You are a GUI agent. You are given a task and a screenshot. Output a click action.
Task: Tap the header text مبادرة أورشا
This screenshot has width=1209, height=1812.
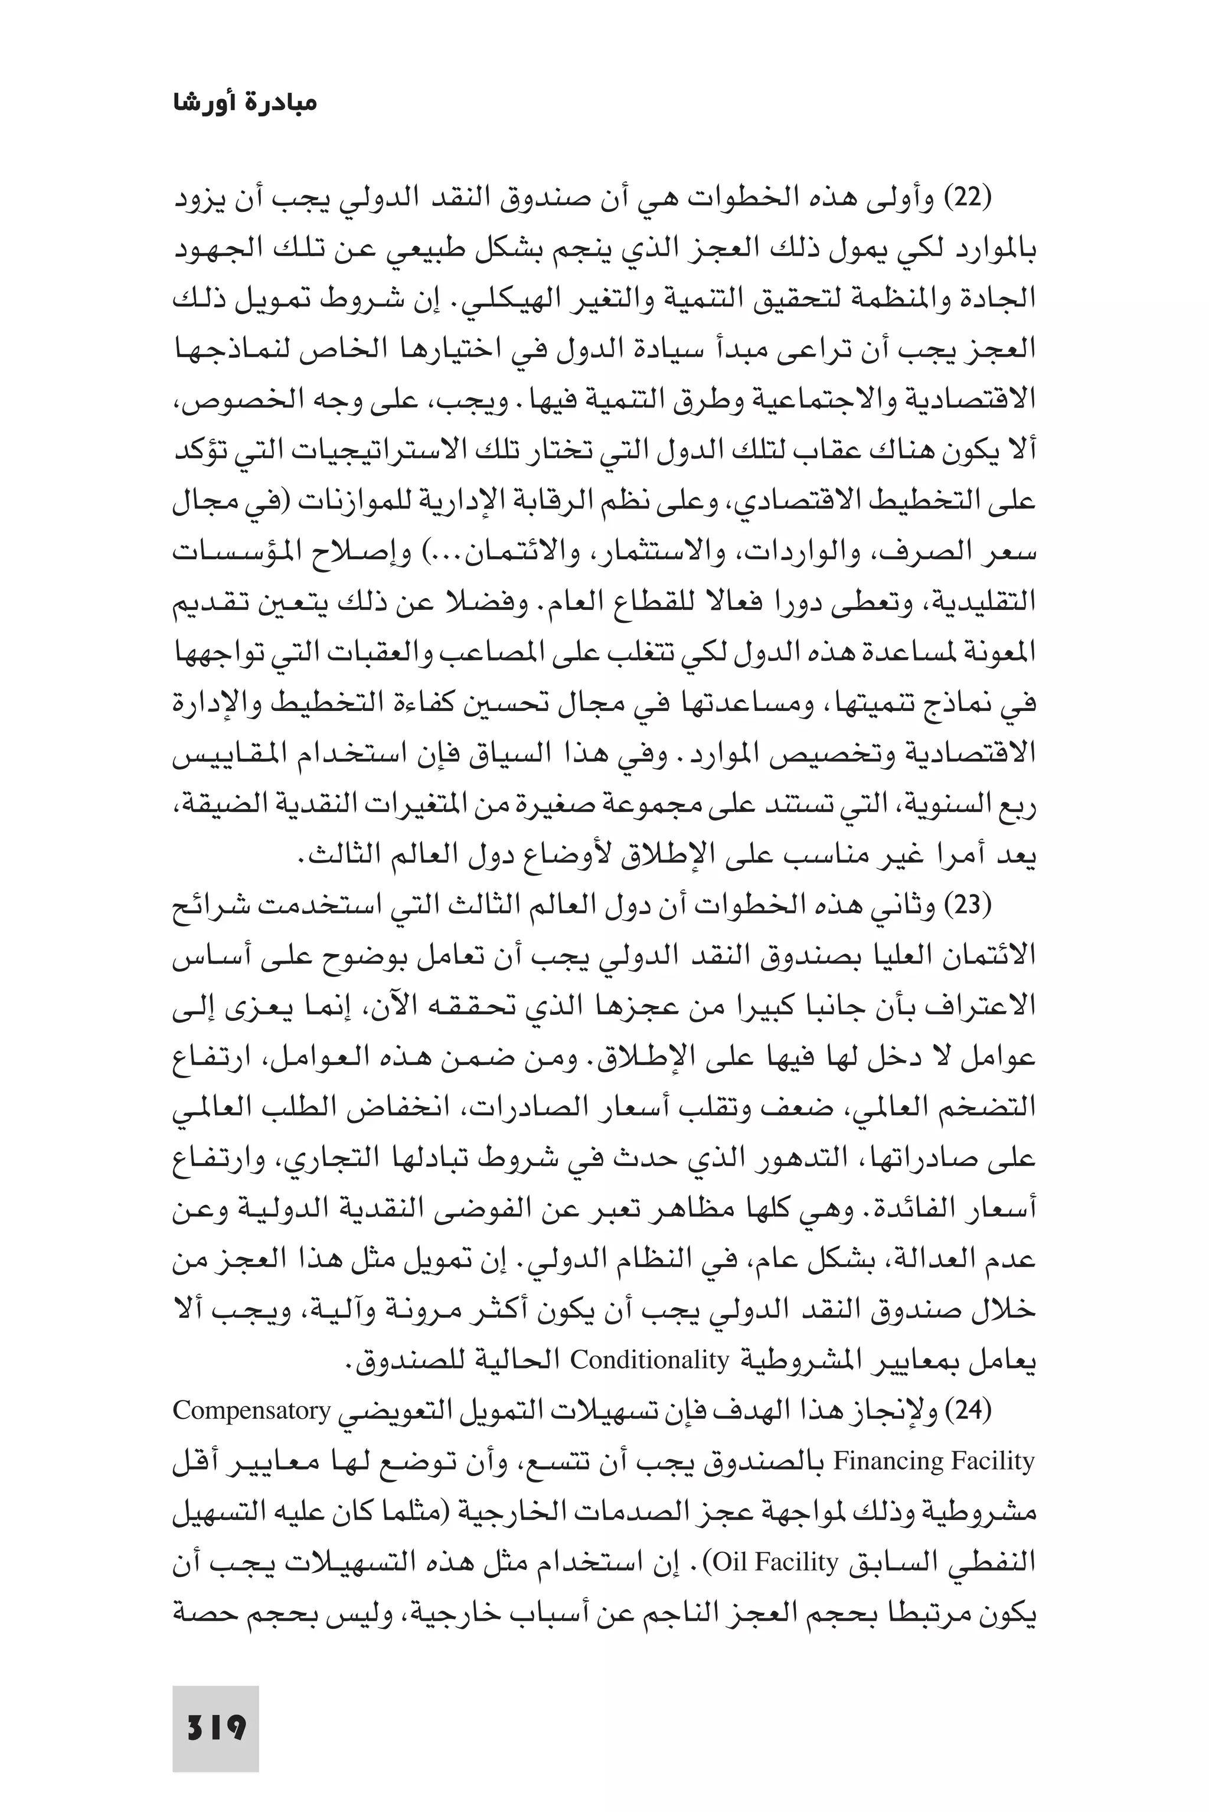coord(244,103)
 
